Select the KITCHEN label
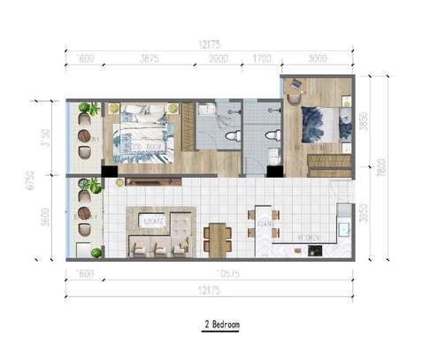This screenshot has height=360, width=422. (x=309, y=237)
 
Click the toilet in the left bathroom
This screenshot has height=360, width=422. (x=233, y=137)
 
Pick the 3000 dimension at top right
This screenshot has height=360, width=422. (x=316, y=60)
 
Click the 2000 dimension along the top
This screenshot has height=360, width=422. (x=218, y=60)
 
